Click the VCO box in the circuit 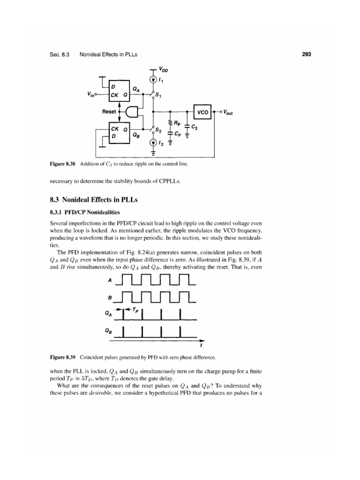point(202,112)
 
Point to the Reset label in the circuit point(110,112)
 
